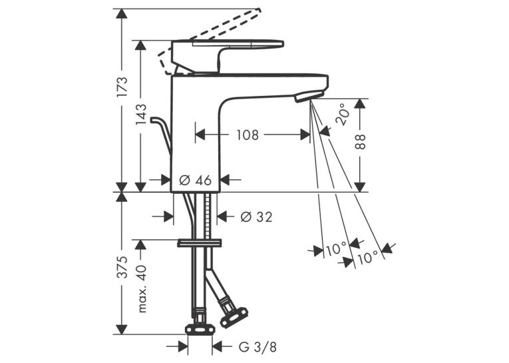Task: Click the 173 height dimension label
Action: [122, 87]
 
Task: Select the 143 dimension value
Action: [141, 115]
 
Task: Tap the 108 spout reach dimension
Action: [248, 135]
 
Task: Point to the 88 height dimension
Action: [360, 141]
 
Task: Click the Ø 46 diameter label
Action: [196, 180]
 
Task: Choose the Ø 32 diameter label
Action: [256, 216]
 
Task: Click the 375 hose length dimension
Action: [122, 267]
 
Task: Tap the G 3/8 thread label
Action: [257, 347]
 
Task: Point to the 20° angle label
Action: [343, 115]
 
